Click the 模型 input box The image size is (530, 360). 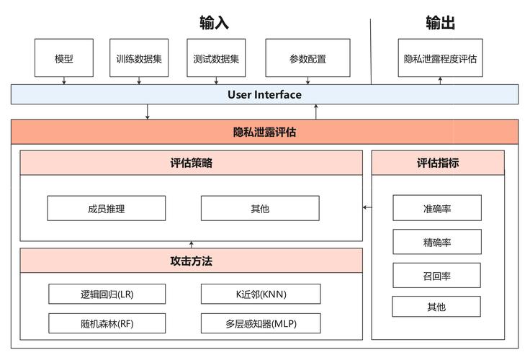click(64, 58)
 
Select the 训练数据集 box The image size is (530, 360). click(139, 58)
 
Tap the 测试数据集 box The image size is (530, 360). click(216, 58)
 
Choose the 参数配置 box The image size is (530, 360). click(307, 58)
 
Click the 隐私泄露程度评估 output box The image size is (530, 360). click(440, 58)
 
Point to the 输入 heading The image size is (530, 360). click(214, 23)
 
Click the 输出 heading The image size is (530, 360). click(440, 23)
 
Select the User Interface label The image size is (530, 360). click(264, 94)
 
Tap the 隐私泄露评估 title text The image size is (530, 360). click(264, 132)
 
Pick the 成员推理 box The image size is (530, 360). click(106, 208)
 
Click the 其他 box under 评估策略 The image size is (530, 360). click(259, 208)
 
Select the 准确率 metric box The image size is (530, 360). click(436, 208)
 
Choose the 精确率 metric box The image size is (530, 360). click(436, 242)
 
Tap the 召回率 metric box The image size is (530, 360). click(436, 275)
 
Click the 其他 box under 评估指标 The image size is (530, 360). click(436, 307)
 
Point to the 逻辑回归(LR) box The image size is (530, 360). click(107, 294)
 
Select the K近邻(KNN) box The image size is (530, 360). click(259, 294)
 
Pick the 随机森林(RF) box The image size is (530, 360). click(107, 323)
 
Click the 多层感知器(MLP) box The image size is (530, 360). click(259, 323)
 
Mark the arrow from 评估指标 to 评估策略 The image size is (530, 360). click(367, 207)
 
